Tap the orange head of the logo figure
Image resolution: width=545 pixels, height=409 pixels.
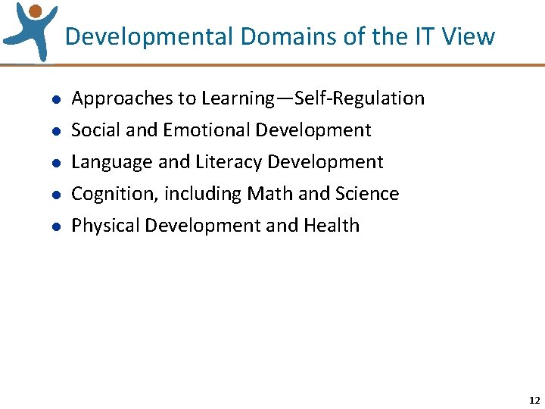pos(35,11)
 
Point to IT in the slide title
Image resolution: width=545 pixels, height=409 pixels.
pos(421,36)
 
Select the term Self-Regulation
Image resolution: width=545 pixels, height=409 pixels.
pos(360,98)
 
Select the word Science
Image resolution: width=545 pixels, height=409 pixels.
pos(367,194)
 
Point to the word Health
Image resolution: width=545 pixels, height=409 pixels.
pos(332,226)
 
